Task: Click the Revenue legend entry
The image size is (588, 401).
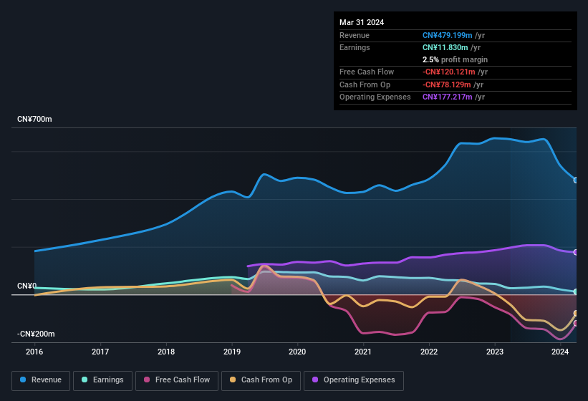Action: [42, 380]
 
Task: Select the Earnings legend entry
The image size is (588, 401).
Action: [103, 380]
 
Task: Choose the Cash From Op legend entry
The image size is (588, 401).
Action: [261, 380]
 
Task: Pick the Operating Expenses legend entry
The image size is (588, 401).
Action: [353, 380]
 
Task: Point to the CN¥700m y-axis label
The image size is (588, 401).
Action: [34, 119]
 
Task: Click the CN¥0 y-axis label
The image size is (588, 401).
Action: [26, 286]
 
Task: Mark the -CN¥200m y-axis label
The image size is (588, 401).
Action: [37, 334]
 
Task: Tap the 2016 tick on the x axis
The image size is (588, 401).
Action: [34, 352]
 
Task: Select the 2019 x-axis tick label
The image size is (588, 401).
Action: [231, 352]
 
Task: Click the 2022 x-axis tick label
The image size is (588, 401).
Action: [429, 352]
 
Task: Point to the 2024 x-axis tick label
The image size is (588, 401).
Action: [560, 352]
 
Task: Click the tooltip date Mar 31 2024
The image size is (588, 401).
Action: [362, 22]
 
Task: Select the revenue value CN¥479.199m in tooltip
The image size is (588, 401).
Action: [448, 35]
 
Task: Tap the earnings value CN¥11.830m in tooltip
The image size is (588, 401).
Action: [445, 47]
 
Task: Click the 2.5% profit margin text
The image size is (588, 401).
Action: [455, 59]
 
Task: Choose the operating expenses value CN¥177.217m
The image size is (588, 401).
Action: [448, 97]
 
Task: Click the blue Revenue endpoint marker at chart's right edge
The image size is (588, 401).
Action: [576, 180]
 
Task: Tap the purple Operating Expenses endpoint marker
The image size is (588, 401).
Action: [576, 252]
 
